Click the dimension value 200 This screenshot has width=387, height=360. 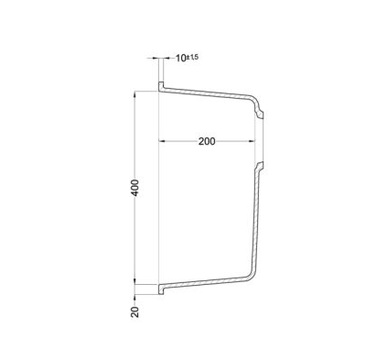(207, 141)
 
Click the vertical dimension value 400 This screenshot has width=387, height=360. (135, 188)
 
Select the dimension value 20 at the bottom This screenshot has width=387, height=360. (134, 311)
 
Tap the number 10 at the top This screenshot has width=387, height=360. (181, 58)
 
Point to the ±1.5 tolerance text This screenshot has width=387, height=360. (192, 57)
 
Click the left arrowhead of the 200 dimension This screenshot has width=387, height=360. (162, 141)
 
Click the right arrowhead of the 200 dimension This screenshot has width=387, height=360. (252, 141)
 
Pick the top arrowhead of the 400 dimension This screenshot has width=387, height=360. (134, 94)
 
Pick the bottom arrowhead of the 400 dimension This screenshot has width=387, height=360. (134, 281)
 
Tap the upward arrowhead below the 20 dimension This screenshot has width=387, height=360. (134, 298)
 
